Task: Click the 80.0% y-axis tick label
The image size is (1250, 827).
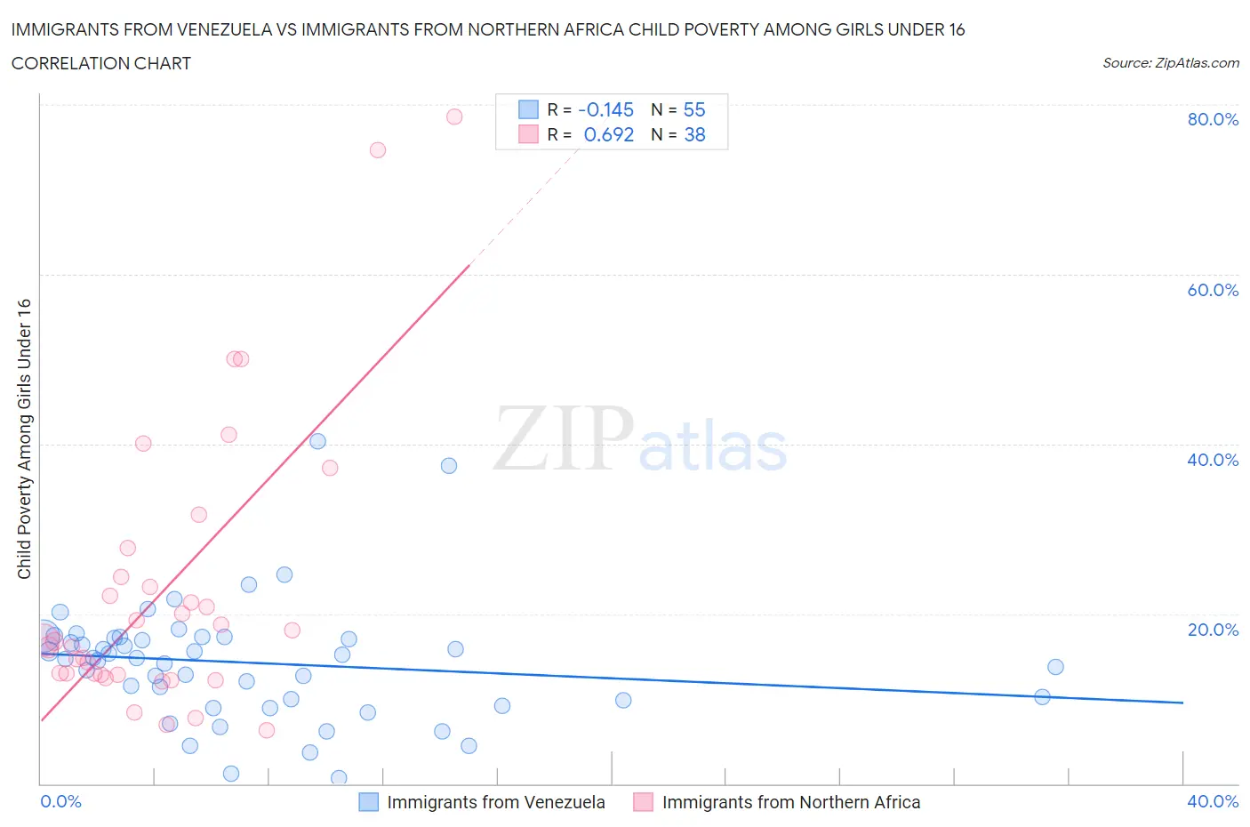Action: pos(1213,119)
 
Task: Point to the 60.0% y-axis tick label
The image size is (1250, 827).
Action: pos(1213,290)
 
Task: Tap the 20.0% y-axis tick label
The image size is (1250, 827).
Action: pos(1213,630)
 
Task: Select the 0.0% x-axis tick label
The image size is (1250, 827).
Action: pos(60,801)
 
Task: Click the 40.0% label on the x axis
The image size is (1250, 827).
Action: pos(1213,801)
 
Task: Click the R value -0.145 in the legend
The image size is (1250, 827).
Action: pos(605,109)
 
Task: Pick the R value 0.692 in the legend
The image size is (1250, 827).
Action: pos(608,134)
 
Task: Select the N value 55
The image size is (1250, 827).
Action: pos(694,109)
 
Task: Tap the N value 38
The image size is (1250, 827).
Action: pos(694,134)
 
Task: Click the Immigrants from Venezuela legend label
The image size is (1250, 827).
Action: pos(495,802)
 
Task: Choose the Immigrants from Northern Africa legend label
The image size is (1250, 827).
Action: pos(790,802)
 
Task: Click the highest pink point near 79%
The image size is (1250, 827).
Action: pos(454,116)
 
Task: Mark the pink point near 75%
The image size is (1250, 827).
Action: pos(378,150)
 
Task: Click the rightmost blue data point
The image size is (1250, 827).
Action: pos(1055,667)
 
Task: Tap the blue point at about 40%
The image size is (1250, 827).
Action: pos(317,441)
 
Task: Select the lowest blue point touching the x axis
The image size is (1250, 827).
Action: pos(339,778)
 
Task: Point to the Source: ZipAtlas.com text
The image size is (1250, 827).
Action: pos(1170,63)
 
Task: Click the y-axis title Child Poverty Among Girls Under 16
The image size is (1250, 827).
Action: pos(25,438)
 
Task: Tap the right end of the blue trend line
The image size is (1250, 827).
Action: pos(1182,703)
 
